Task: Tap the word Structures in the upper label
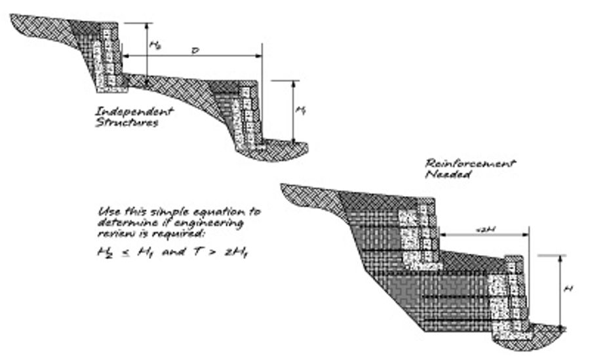pos(127,123)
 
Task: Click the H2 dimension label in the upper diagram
pos(155,45)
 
